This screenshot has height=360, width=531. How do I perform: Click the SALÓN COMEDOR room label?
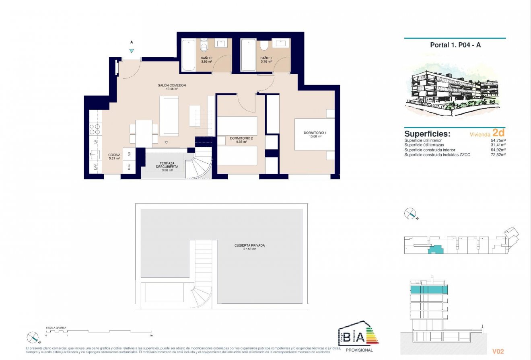click(171, 85)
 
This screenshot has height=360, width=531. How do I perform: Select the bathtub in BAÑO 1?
click(248, 55)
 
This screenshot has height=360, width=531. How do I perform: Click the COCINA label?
click(114, 154)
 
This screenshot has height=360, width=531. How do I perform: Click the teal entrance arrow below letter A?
click(132, 51)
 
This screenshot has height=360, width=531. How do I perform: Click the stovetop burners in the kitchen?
click(95, 129)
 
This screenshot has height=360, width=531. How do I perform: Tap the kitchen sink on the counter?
click(95, 154)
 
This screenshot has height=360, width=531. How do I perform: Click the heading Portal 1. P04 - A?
click(455, 45)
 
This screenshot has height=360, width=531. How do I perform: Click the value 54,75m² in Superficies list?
click(498, 140)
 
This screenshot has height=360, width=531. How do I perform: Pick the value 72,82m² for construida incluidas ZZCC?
click(498, 155)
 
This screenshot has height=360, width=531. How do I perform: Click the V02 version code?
click(498, 351)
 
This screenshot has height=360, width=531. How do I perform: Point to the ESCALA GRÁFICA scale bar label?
click(56, 328)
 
